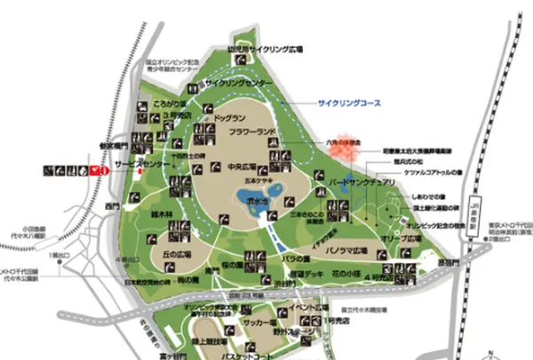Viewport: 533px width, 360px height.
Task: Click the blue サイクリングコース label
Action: (x=349, y=103)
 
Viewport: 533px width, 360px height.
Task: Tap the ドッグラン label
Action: (x=230, y=117)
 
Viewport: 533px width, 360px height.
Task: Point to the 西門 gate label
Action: (x=110, y=207)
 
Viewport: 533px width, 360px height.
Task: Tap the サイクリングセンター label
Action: (x=239, y=83)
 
